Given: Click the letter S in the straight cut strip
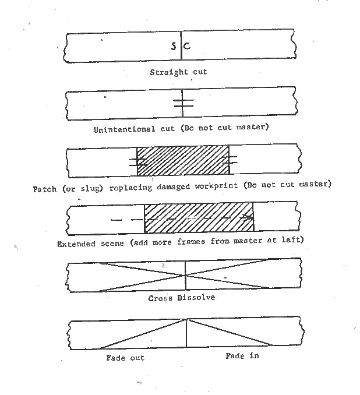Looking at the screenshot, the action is pyautogui.click(x=174, y=46).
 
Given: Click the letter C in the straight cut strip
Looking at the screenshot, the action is pyautogui.click(x=187, y=46).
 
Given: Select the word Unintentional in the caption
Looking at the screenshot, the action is pyautogui.click(x=124, y=129).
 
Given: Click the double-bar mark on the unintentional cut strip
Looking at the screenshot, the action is pyautogui.click(x=183, y=103).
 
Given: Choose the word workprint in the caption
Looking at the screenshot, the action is pyautogui.click(x=216, y=186).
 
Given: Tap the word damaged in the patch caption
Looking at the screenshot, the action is pyautogui.click(x=174, y=186).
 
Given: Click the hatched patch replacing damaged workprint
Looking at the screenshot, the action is pyautogui.click(x=183, y=160).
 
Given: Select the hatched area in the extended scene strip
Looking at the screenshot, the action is pyautogui.click(x=199, y=217).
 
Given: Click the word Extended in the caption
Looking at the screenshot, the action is pyautogui.click(x=76, y=244).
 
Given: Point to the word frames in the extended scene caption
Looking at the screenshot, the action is pyautogui.click(x=191, y=242).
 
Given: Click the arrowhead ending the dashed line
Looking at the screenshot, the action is pyautogui.click(x=248, y=217).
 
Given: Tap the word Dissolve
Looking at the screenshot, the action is pyautogui.click(x=196, y=298).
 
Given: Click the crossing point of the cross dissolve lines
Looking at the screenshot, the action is pyautogui.click(x=186, y=276).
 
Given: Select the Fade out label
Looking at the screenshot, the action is pyautogui.click(x=125, y=358).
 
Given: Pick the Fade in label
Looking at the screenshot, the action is pyautogui.click(x=242, y=356).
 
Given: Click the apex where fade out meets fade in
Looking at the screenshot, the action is pyautogui.click(x=186, y=319).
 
